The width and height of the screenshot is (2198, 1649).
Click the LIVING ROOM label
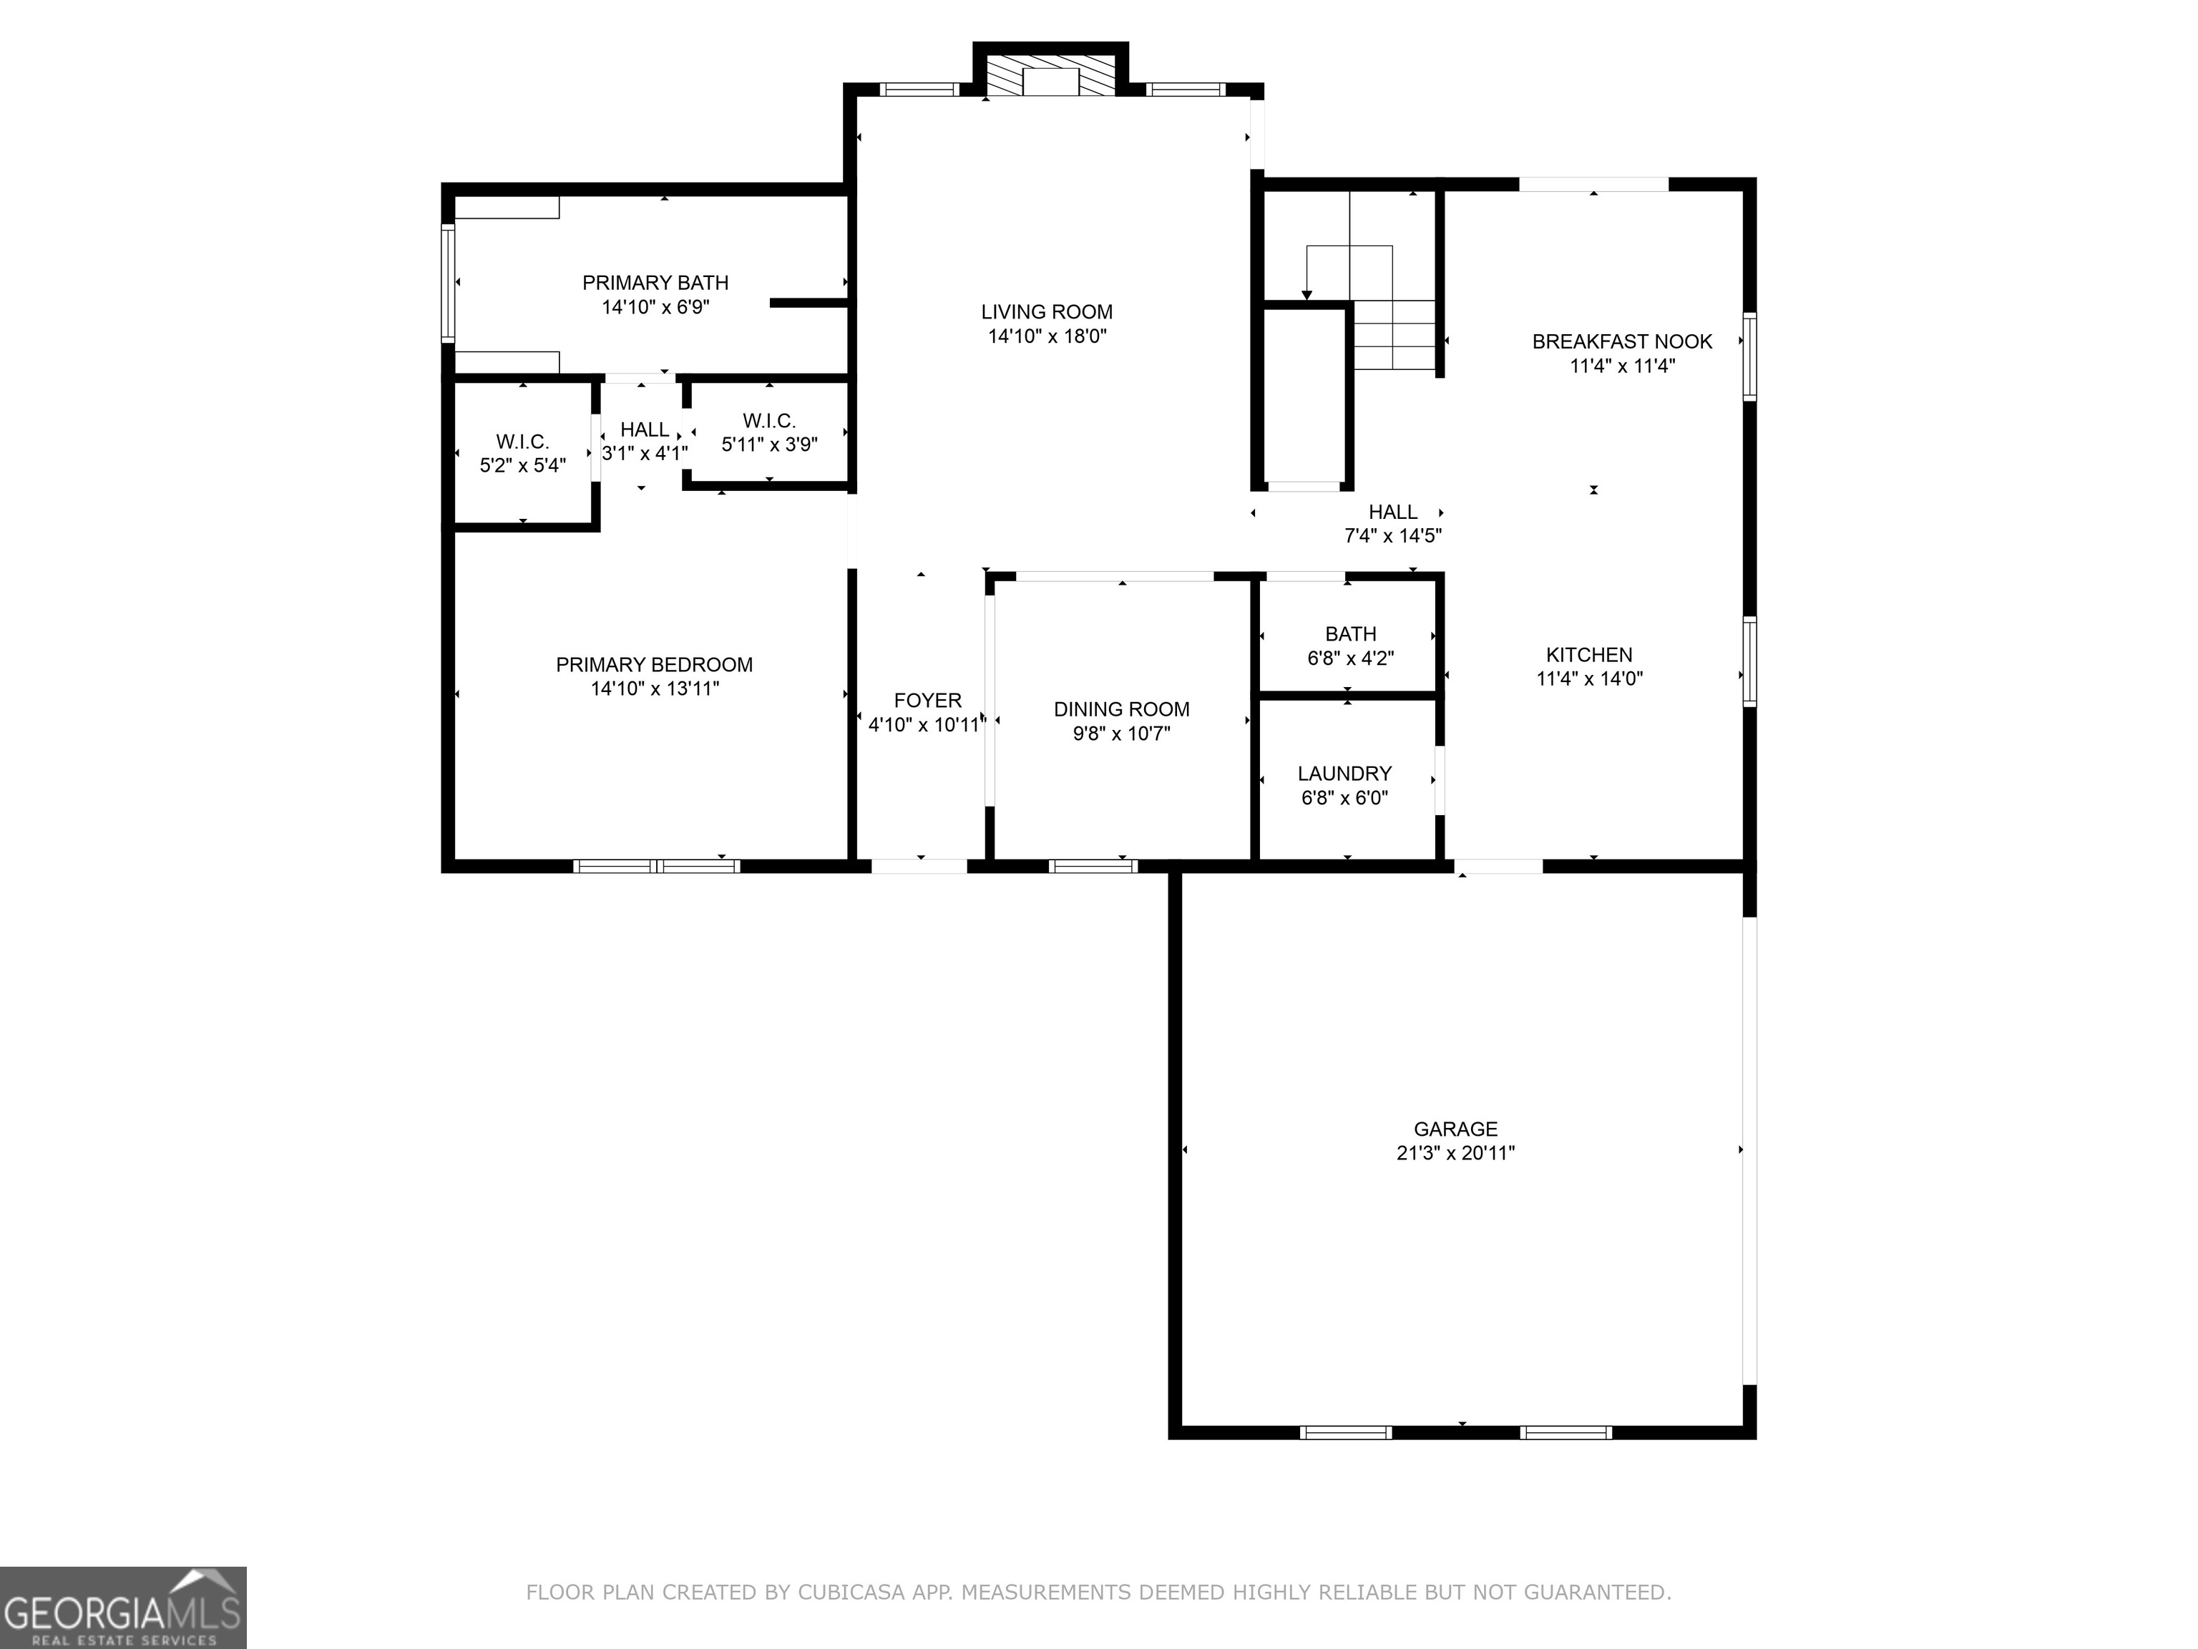coord(1046,312)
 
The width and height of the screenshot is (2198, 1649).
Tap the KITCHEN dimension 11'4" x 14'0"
coord(1589,679)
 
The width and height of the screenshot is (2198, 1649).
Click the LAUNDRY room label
coord(1344,773)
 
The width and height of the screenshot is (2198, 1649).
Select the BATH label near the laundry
coord(1350,634)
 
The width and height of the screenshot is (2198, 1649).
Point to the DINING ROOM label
coord(1121,710)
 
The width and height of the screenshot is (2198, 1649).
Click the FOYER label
coord(927,701)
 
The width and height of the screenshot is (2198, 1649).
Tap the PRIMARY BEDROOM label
coord(654,665)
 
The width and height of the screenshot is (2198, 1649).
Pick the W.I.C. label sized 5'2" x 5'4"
coord(523,442)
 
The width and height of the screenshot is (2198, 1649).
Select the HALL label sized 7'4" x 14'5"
coord(1392,512)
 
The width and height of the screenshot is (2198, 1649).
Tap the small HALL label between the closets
coord(644,429)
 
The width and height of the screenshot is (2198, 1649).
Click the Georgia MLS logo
coord(123,1608)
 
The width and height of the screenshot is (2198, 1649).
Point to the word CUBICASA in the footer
coord(851,1592)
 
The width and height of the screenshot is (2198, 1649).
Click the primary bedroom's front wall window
coord(657,866)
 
